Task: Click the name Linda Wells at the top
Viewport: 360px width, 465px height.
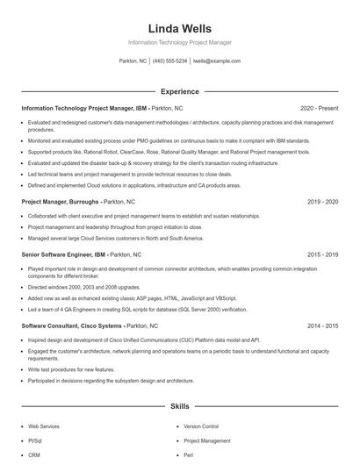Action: click(x=179, y=28)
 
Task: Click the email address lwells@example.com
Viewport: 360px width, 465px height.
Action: click(x=216, y=61)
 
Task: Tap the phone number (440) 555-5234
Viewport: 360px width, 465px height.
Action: click(x=170, y=61)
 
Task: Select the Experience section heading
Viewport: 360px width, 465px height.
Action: click(x=179, y=91)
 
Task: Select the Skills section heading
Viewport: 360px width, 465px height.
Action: click(x=179, y=407)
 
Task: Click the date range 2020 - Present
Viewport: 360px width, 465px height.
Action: click(x=320, y=108)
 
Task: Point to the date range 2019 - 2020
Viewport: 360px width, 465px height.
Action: click(x=322, y=202)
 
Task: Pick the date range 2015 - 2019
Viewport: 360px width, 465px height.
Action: click(x=322, y=254)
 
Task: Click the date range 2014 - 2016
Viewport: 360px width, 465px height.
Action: click(x=322, y=325)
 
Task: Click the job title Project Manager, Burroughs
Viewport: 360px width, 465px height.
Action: click(x=61, y=202)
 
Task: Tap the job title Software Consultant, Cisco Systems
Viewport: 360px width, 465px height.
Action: click(x=72, y=325)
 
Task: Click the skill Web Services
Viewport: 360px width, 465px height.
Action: click(x=44, y=426)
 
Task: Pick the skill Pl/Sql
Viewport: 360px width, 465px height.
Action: click(x=35, y=440)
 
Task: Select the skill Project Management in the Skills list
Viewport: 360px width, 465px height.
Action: click(x=207, y=440)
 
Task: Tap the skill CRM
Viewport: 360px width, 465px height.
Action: click(x=34, y=455)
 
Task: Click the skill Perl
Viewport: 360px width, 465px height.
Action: click(x=189, y=455)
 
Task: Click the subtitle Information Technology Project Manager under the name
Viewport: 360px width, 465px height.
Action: click(x=179, y=42)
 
